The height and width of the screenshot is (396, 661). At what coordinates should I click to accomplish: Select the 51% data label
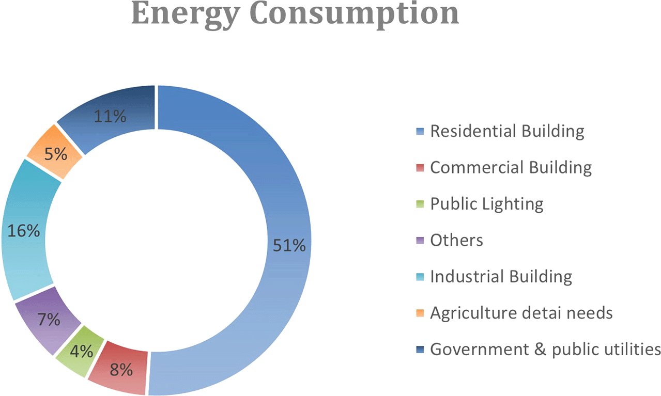[289, 246]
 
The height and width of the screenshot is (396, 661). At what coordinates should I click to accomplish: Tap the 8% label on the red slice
[120, 370]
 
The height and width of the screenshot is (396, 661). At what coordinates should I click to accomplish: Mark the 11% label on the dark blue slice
[110, 116]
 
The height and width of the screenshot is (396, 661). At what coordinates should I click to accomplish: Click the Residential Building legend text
[507, 131]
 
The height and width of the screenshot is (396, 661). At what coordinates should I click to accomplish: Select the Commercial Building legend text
[511, 167]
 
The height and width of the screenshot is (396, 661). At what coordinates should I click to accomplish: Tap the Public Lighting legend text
[486, 204]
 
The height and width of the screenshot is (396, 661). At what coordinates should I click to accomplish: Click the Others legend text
[456, 240]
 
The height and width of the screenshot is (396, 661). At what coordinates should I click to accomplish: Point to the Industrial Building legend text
[501, 276]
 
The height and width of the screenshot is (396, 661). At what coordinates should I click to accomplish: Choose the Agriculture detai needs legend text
[521, 313]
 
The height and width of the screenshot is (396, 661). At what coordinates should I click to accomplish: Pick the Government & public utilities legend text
[545, 349]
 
